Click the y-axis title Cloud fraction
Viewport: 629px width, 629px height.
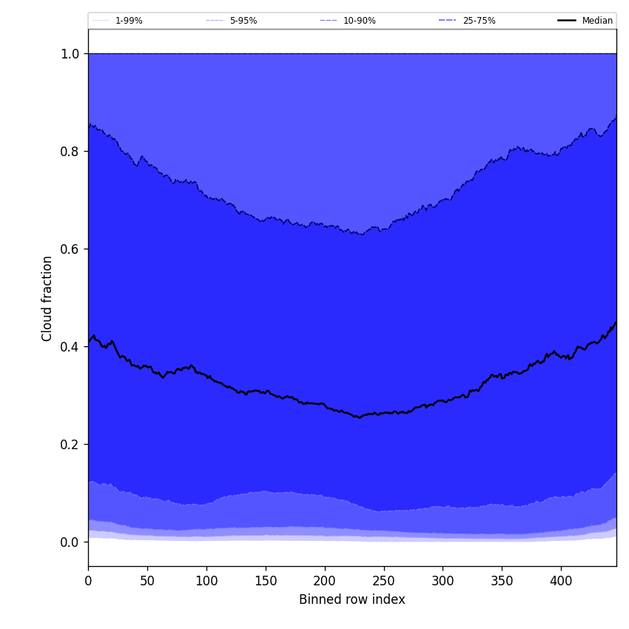47,298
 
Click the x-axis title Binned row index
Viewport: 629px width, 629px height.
352,599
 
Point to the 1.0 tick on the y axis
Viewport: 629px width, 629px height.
70,54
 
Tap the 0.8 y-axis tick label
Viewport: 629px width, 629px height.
70,152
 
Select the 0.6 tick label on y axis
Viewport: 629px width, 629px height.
70,249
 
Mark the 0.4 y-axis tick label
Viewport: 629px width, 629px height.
70,347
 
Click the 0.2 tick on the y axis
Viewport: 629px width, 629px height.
70,445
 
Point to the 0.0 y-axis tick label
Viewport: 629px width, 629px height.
70,542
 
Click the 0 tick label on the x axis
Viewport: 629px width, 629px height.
88,581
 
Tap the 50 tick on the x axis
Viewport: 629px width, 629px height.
147,581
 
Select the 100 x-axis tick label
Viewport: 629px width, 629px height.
206,581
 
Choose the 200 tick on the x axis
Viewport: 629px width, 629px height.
325,581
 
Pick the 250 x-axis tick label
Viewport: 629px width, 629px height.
383,581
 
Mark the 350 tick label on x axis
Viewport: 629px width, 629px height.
502,581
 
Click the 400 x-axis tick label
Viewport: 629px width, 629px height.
561,581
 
